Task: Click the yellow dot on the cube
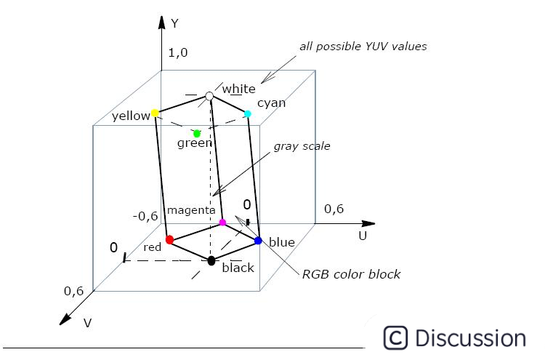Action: (155, 113)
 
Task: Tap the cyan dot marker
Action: (248, 113)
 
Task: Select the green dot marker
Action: (197, 133)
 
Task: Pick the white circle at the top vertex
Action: (209, 96)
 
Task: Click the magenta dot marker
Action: (222, 222)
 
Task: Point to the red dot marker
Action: (169, 239)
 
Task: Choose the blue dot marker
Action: (258, 240)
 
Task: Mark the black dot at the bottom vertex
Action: (211, 260)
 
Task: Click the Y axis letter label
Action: (174, 23)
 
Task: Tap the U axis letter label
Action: (362, 236)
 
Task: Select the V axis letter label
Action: (87, 323)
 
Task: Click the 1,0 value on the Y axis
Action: (178, 52)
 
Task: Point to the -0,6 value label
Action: (145, 216)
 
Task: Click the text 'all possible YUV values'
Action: (363, 47)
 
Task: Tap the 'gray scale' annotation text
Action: (302, 146)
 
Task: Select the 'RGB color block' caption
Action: (351, 274)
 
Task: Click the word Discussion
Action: (470, 338)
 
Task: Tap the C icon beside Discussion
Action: (395, 338)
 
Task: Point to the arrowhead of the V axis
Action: (64, 319)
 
